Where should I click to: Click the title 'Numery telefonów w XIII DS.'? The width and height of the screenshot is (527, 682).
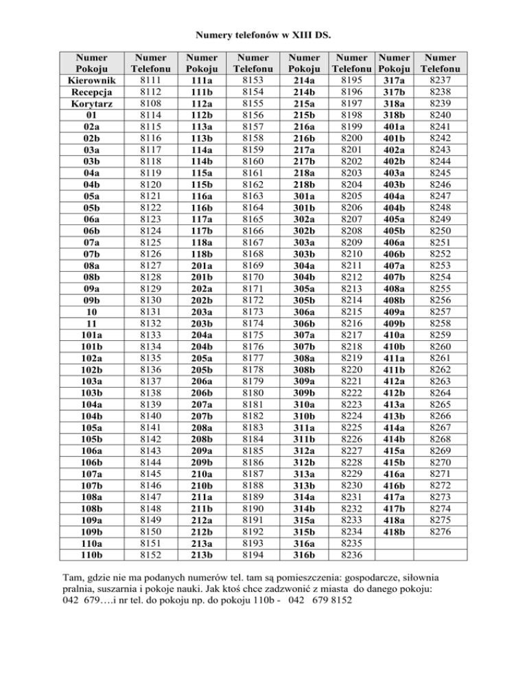click(263, 33)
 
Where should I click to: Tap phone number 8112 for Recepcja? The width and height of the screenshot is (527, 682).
click(150, 92)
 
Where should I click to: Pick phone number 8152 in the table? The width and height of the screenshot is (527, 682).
click(150, 555)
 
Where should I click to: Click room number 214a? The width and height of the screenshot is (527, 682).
click(303, 80)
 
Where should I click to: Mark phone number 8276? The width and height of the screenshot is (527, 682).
click(441, 532)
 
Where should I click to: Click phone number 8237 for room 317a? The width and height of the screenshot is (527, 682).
click(441, 80)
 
